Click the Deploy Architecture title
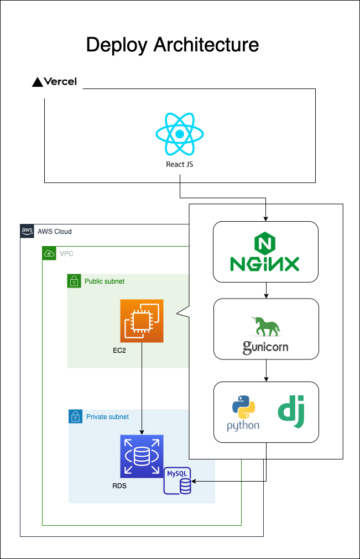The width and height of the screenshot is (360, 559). [172, 45]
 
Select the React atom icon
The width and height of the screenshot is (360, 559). [180, 134]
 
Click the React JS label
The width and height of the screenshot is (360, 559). [180, 164]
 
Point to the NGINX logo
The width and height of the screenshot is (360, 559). [266, 252]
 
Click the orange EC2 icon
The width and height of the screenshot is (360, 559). [142, 321]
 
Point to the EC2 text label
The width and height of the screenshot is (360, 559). [119, 350]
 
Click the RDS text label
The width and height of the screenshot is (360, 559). [119, 486]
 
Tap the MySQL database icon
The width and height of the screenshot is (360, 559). [178, 480]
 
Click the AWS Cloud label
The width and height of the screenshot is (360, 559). [54, 232]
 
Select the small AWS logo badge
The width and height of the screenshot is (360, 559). [27, 231]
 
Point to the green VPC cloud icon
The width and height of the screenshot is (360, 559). [49, 254]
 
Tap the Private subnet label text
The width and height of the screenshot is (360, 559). [107, 417]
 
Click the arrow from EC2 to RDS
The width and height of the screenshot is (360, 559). [142, 387]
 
